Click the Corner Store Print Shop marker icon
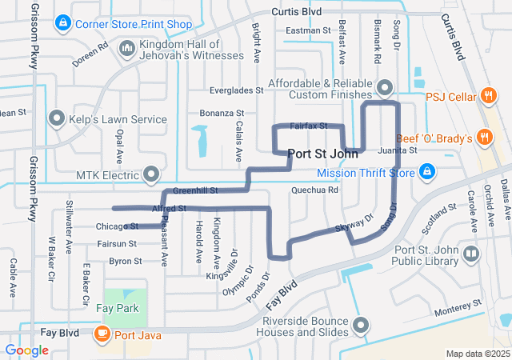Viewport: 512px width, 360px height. coord(62,24)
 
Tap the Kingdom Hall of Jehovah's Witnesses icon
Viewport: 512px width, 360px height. coord(126,50)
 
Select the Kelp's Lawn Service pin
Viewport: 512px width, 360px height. coord(57,119)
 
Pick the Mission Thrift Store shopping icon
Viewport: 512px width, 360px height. coord(428,172)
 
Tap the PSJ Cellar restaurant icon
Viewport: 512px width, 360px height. coord(488,97)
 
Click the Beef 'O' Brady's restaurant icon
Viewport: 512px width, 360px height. coord(483,138)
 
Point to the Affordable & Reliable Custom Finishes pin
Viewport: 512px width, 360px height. coord(385,86)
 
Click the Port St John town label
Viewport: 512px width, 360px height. coord(322,154)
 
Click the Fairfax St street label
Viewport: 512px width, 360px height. coord(308,126)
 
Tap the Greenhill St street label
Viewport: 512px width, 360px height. coord(195,191)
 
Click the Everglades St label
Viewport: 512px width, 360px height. coord(236,91)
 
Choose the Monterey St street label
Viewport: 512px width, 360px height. coord(456,305)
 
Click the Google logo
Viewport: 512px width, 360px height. coord(26,350)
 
